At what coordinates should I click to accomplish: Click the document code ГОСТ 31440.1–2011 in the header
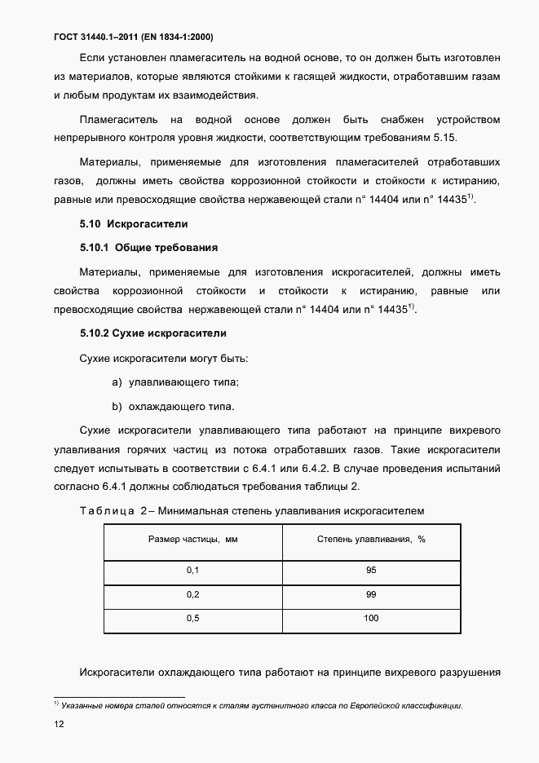99,37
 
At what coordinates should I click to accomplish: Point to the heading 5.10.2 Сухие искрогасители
152,333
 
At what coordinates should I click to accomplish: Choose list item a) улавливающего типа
175,382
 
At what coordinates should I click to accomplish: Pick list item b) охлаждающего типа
174,406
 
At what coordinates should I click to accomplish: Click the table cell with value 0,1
192,571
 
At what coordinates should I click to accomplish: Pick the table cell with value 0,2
192,594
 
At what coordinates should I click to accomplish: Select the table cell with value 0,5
192,619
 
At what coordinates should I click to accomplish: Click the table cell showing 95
371,571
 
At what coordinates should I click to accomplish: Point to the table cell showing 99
371,594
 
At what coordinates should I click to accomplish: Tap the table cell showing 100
371,619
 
